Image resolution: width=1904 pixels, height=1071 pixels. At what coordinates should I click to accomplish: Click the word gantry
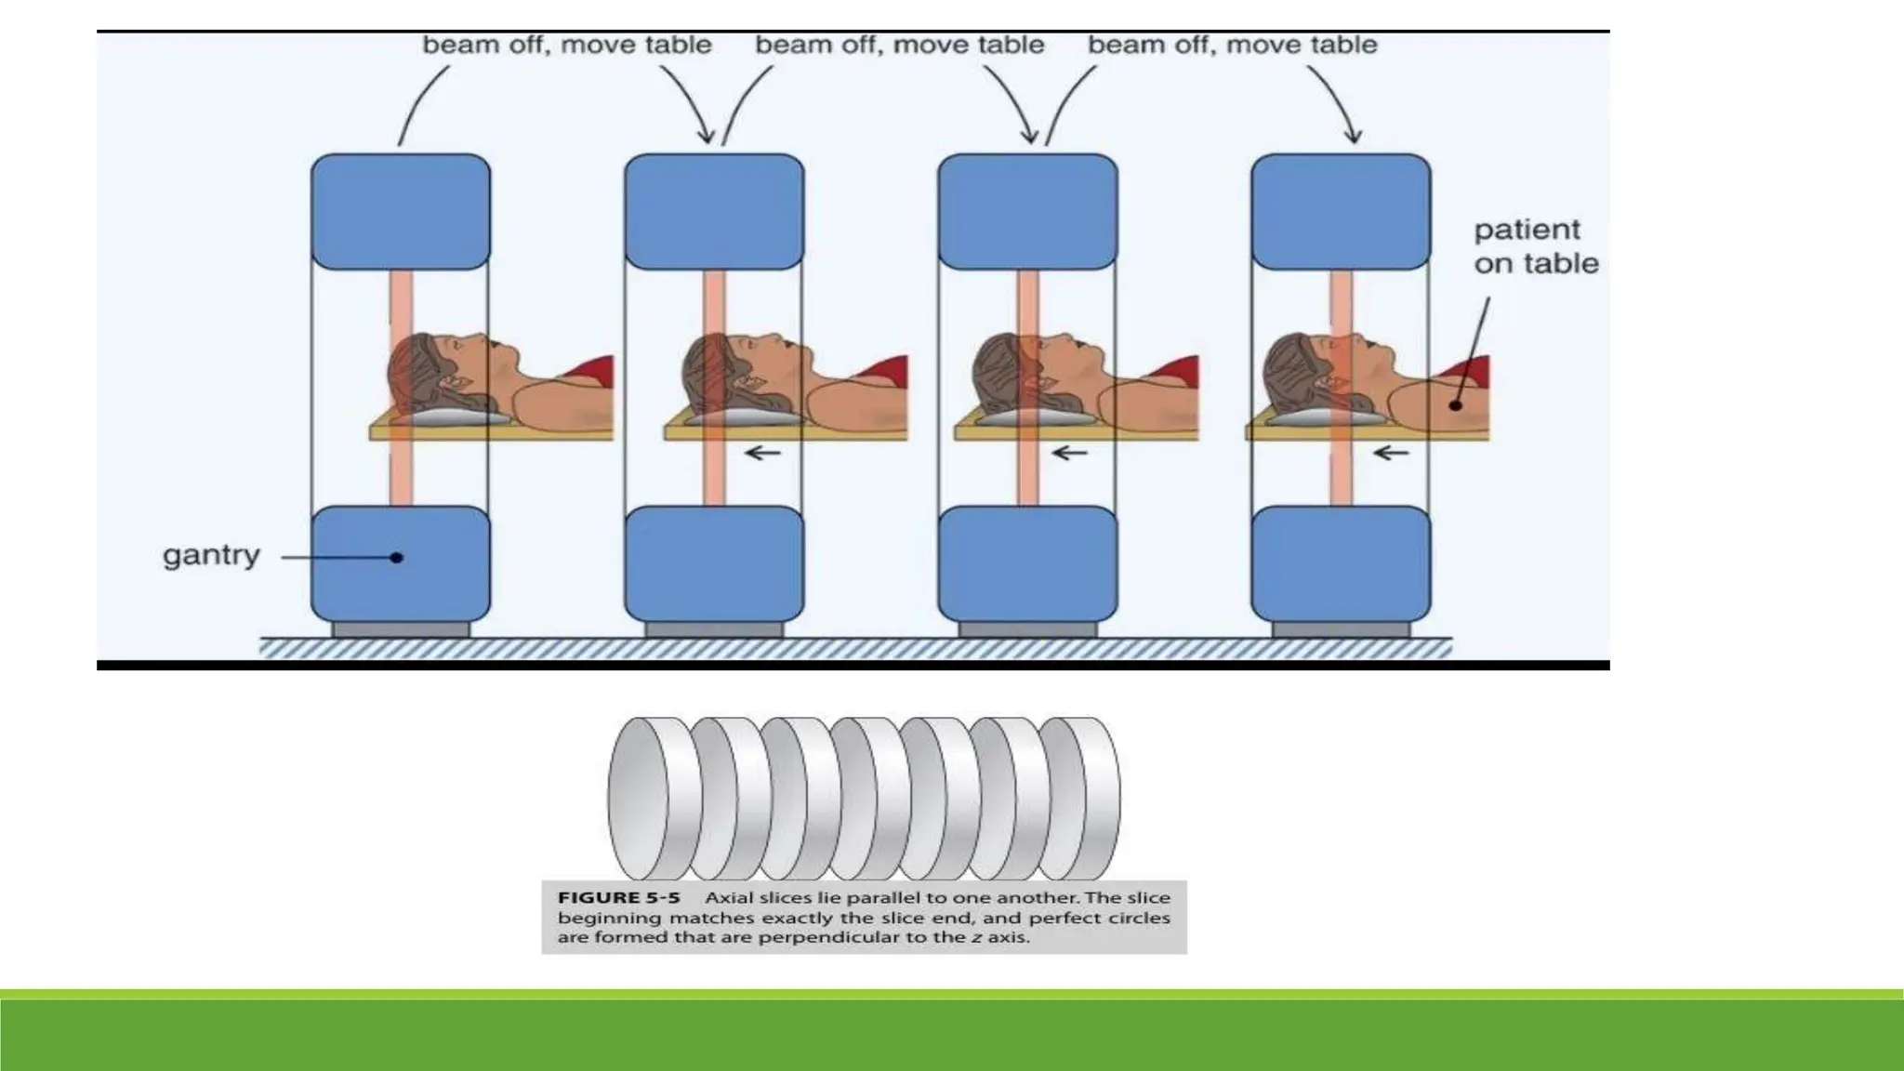tap(211, 555)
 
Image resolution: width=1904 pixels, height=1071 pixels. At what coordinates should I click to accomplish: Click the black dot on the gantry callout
tap(397, 558)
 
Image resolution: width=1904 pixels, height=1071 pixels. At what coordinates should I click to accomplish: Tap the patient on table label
tap(1535, 246)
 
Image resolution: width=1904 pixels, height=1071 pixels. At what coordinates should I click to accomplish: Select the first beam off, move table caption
tap(567, 45)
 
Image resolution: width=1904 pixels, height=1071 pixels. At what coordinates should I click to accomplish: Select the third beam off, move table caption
tap(1232, 45)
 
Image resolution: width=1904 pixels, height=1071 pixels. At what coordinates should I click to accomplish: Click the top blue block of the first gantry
tap(401, 212)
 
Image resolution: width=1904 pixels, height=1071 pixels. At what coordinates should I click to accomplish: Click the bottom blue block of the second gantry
tap(714, 563)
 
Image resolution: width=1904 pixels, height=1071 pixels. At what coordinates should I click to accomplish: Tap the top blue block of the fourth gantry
tap(1341, 212)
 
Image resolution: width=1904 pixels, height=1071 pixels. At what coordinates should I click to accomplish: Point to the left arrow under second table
tap(763, 454)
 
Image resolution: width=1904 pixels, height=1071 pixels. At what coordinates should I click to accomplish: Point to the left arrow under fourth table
tap(1391, 454)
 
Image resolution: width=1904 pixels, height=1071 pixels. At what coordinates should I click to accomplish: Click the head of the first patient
tap(432, 372)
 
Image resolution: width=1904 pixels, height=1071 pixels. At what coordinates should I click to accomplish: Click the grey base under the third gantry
tap(1027, 630)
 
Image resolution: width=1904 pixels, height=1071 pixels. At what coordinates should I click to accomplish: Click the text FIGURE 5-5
tap(618, 898)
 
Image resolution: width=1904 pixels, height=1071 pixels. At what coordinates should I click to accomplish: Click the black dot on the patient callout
tap(1456, 404)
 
